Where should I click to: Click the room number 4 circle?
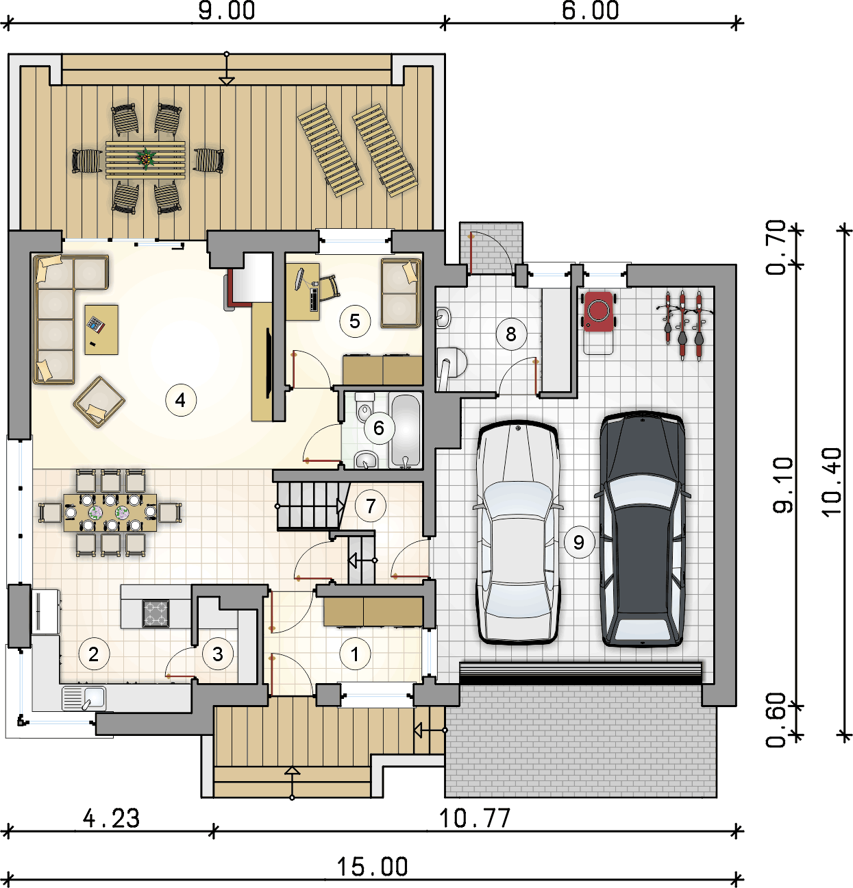pyautogui.click(x=181, y=400)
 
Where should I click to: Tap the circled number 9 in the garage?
pyautogui.click(x=579, y=542)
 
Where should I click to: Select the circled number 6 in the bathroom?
pyautogui.click(x=379, y=428)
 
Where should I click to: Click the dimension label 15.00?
pyautogui.click(x=372, y=867)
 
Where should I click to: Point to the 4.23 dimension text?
pyautogui.click(x=111, y=818)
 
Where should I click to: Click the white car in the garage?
pyautogui.click(x=517, y=532)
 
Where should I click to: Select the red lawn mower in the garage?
pyautogui.click(x=598, y=311)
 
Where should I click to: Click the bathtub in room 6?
pyautogui.click(x=406, y=431)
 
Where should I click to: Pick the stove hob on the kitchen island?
pyautogui.click(x=156, y=613)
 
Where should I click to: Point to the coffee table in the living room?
pyautogui.click(x=101, y=330)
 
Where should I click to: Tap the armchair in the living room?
pyautogui.click(x=99, y=402)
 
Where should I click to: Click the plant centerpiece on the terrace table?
pyautogui.click(x=146, y=158)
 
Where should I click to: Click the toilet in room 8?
pyautogui.click(x=451, y=362)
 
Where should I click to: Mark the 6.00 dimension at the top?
pyautogui.click(x=590, y=11)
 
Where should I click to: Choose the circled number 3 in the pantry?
pyautogui.click(x=218, y=654)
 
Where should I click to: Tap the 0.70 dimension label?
pyautogui.click(x=776, y=247)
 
